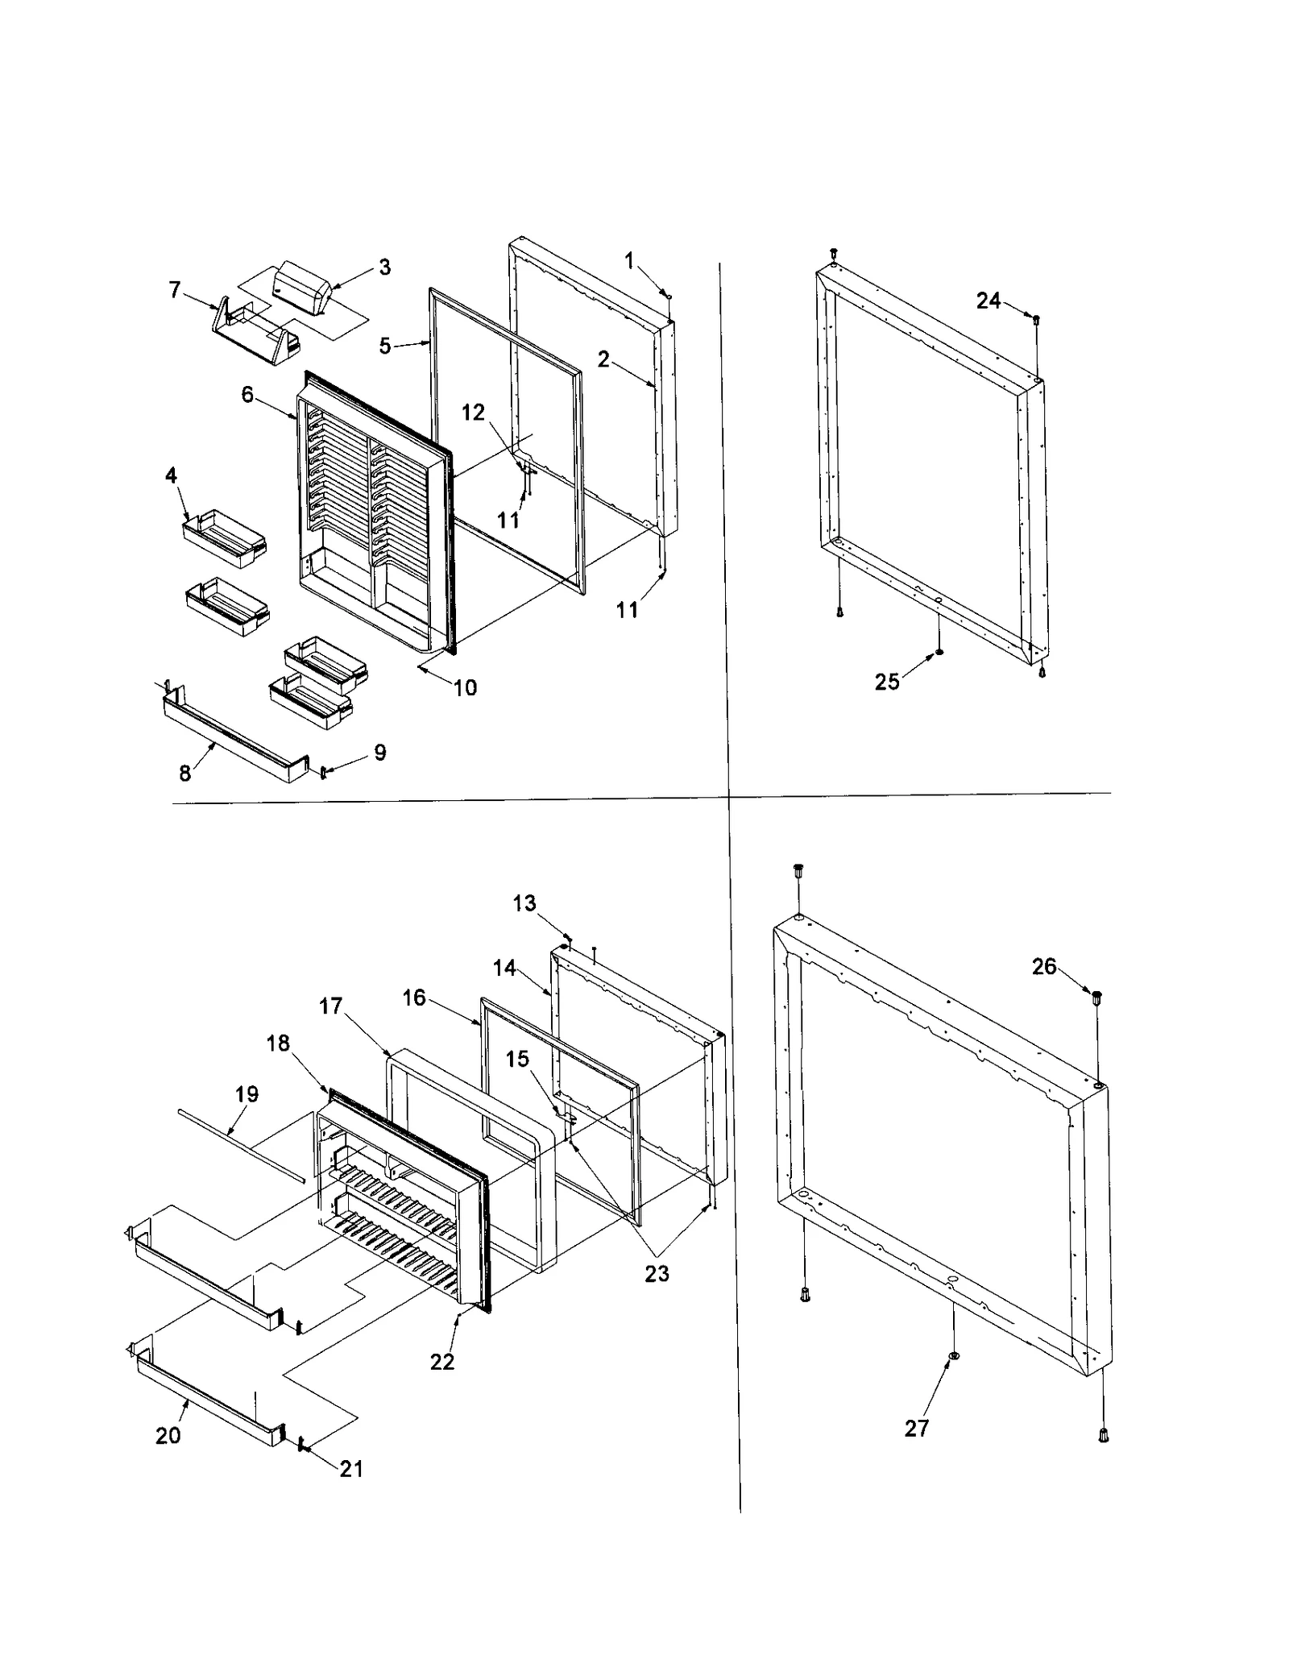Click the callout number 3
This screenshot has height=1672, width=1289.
point(384,267)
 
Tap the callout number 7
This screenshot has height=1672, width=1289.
point(175,289)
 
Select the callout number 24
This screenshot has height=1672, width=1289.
point(988,301)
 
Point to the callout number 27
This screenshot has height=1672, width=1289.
point(917,1428)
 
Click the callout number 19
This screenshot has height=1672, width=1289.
point(247,1093)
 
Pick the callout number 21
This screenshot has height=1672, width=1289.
point(351,1468)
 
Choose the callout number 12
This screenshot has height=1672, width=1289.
point(473,412)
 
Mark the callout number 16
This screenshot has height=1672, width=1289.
point(414,998)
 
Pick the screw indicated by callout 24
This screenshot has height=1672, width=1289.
point(1036,319)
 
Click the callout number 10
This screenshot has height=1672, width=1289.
point(465,687)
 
